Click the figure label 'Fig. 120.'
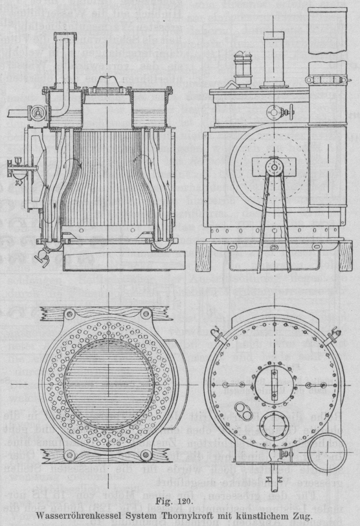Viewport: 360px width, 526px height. (175, 502)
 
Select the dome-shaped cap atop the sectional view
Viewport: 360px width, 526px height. (107, 83)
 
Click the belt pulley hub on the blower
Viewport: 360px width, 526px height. (274, 166)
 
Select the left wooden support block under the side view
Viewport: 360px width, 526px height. (203, 257)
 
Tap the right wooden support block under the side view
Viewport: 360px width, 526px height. (345, 257)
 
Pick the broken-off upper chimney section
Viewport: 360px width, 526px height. (328, 31)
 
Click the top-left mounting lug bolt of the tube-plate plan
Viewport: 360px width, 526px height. (70, 314)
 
